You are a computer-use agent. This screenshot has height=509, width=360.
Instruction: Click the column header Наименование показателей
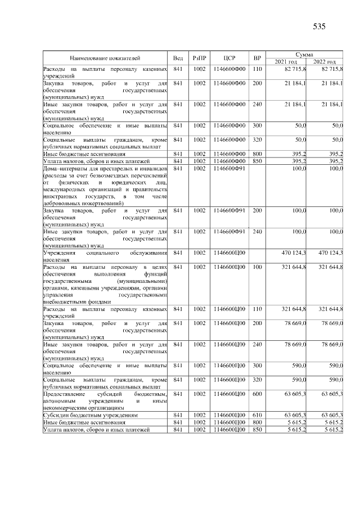[x=105, y=57]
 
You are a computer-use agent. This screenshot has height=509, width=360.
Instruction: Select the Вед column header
[x=178, y=57]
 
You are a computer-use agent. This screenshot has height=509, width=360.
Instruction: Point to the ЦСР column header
[x=229, y=57]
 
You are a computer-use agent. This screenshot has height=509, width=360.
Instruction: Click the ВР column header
[x=257, y=57]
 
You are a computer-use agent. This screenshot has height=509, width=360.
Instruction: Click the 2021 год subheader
[x=286, y=61]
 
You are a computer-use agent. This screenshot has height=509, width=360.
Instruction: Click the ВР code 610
[x=257, y=415]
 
